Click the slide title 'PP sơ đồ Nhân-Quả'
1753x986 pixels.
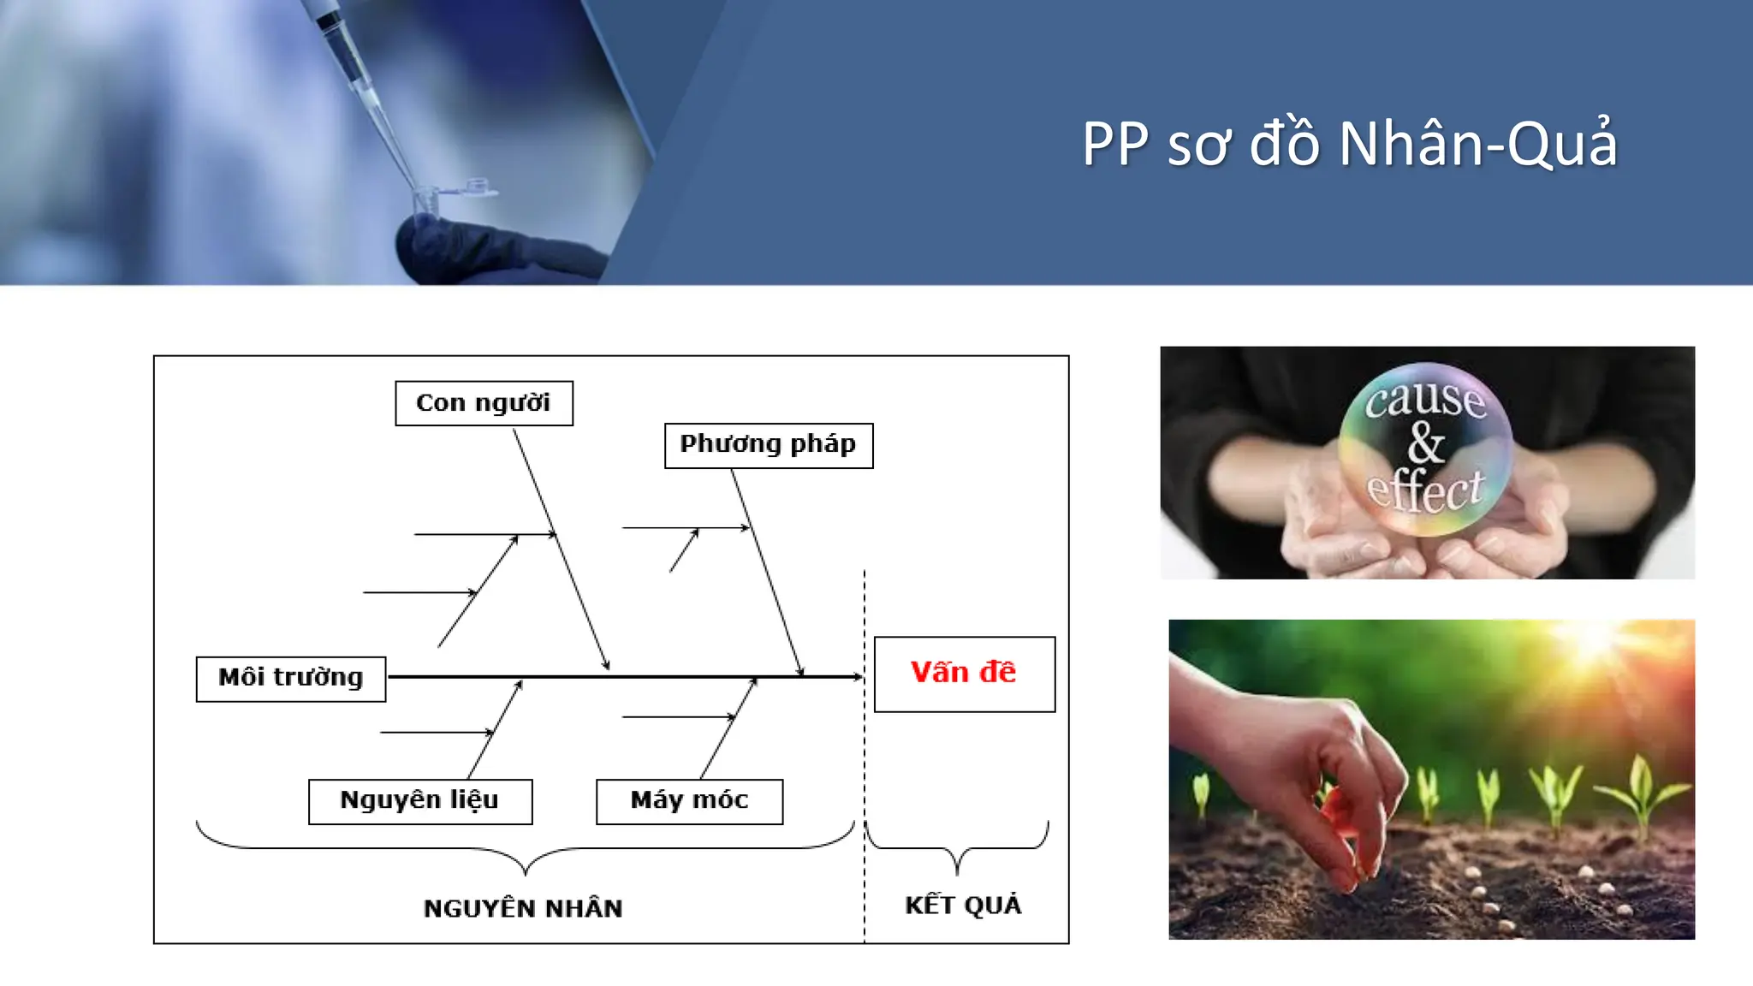click(x=1350, y=143)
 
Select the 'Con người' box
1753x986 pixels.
click(x=484, y=403)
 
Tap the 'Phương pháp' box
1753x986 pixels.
click(x=769, y=445)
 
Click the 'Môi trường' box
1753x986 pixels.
click(x=291, y=678)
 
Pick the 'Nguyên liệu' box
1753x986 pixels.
click(x=420, y=801)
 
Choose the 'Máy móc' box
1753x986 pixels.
click(x=689, y=801)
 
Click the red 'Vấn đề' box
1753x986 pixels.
click(x=964, y=674)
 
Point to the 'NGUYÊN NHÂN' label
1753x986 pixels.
click(x=523, y=908)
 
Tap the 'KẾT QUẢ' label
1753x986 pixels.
click(x=963, y=905)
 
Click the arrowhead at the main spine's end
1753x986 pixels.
click(x=858, y=677)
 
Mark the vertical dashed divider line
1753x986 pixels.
click(x=865, y=770)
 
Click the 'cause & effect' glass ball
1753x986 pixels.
click(x=1425, y=448)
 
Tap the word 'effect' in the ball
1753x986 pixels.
click(x=1425, y=491)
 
